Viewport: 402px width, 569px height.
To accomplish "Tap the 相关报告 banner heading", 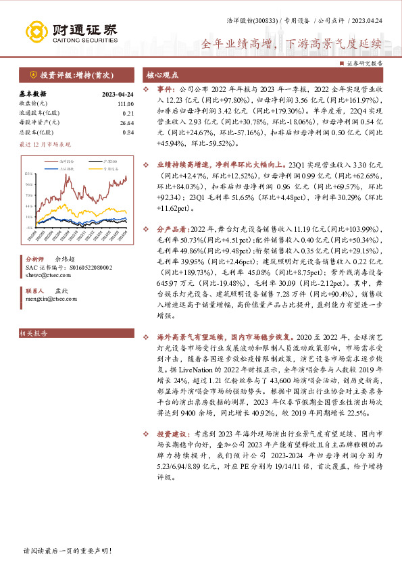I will [x=33, y=333].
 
